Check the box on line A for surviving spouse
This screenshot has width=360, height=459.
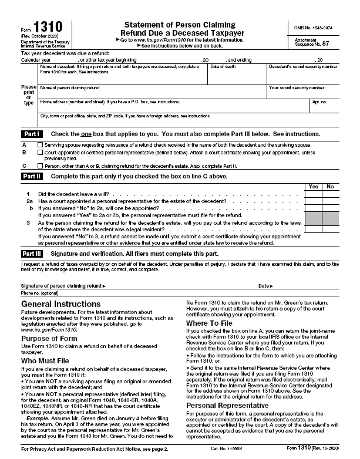click(40, 144)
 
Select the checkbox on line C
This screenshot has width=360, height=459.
click(40, 166)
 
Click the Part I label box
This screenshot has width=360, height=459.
click(31, 134)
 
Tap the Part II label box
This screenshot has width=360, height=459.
click(31, 176)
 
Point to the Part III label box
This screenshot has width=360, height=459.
click(32, 254)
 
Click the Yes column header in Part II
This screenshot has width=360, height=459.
click(313, 187)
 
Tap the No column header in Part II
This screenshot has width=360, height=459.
click(330, 187)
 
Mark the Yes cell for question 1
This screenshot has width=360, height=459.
click(313, 194)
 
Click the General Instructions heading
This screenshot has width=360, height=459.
click(56, 304)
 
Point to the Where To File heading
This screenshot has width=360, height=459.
click(210, 323)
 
